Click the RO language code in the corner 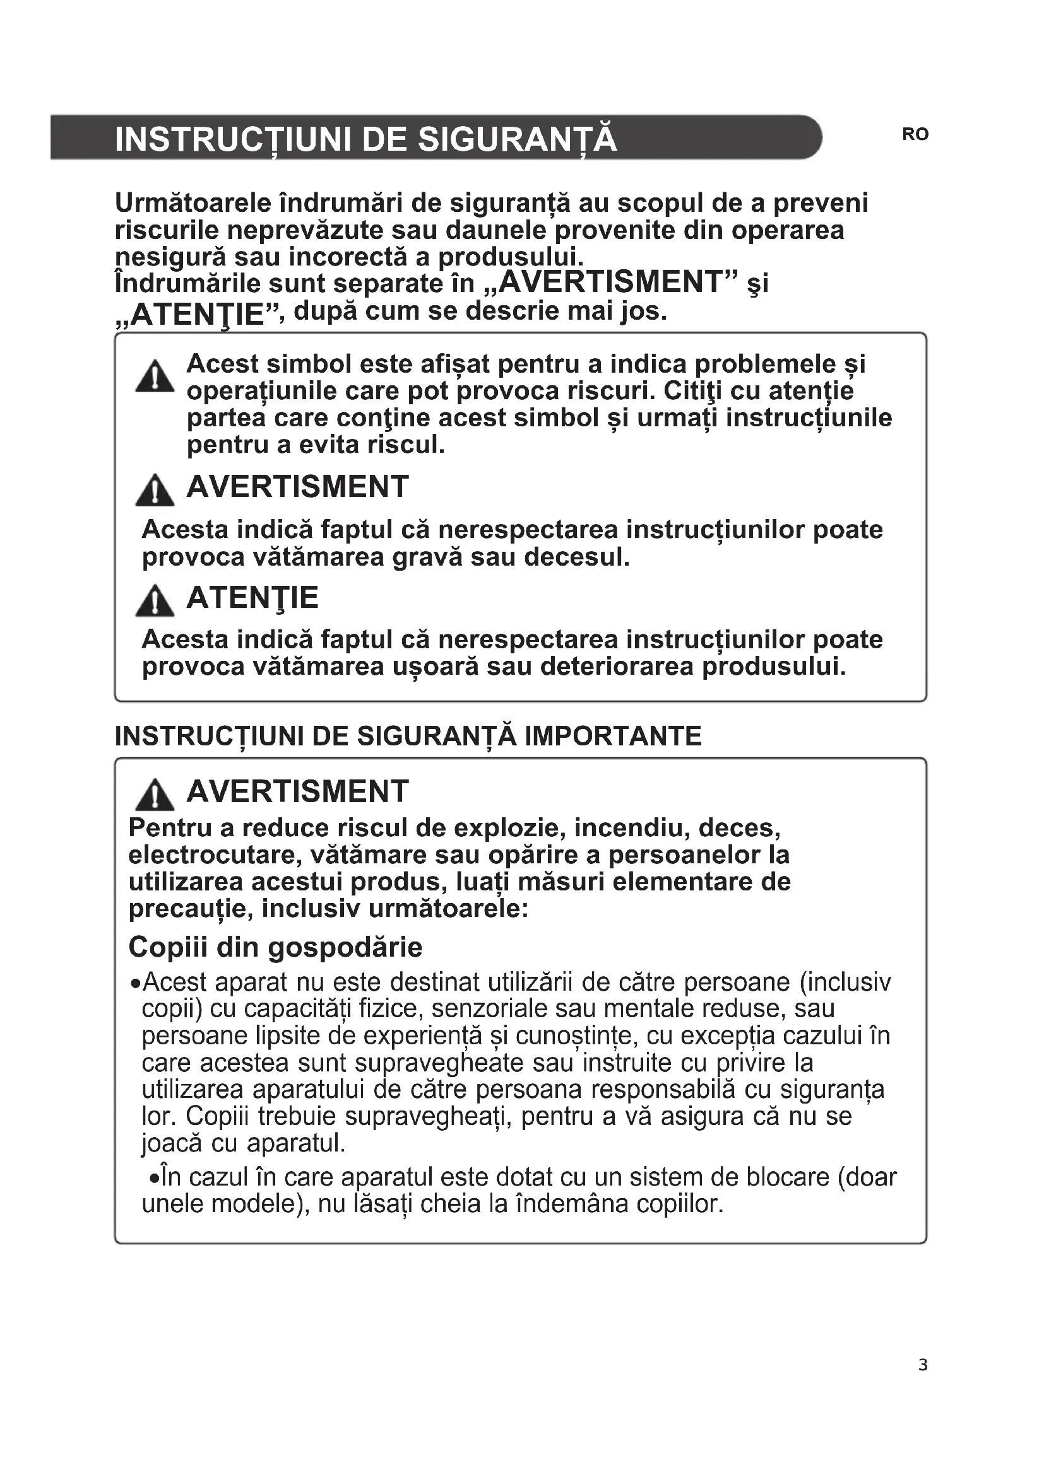915,134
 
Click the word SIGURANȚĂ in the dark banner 518,139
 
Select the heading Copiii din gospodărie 275,947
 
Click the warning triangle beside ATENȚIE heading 155,602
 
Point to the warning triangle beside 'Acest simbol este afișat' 155,377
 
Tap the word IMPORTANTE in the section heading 613,736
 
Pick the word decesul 577,557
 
